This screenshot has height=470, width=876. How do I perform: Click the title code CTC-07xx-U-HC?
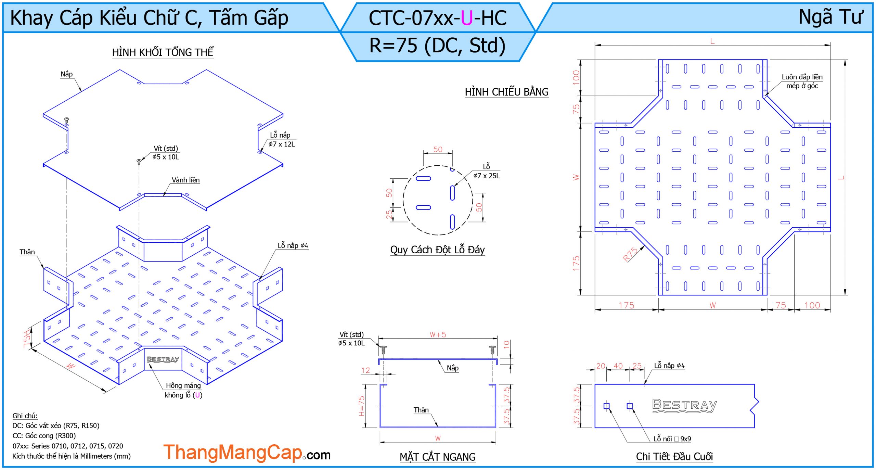[437, 18]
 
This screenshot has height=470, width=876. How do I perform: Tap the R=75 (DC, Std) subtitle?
[437, 46]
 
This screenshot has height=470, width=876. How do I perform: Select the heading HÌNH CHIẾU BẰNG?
[506, 92]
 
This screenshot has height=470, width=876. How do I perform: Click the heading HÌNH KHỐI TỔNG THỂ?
[163, 52]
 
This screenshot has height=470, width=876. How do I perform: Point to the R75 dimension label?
[630, 254]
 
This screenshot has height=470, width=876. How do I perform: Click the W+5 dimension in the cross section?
[438, 334]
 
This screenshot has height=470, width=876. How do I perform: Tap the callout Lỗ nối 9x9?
[672, 439]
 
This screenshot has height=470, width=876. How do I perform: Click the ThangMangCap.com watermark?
[247, 453]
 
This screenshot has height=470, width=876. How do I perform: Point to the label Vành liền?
[185, 180]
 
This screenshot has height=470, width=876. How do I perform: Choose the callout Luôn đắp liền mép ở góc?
[802, 81]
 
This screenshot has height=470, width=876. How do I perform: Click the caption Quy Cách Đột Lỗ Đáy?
[437, 250]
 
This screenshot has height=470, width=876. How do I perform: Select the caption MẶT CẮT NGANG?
[437, 457]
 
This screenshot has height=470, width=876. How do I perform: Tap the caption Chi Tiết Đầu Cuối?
[674, 456]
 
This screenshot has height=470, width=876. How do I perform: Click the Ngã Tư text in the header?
[830, 17]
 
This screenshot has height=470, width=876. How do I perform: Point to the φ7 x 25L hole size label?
[486, 176]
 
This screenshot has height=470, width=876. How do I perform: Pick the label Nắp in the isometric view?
[66, 74]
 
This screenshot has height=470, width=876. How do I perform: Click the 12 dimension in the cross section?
[365, 370]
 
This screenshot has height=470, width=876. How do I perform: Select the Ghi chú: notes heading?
[25, 416]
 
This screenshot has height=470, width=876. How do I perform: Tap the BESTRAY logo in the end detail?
[684, 406]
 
